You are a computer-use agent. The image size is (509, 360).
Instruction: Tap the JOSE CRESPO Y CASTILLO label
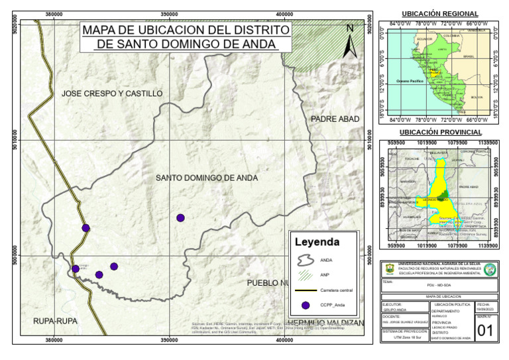(112, 93)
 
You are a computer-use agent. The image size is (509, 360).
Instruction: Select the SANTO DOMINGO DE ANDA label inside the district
(207, 178)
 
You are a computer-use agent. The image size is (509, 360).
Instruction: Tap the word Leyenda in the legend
(317, 242)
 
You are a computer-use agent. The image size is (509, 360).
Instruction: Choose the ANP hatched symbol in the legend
(305, 274)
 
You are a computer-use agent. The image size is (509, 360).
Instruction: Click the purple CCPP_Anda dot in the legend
(305, 306)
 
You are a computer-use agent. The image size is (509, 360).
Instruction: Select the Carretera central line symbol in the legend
(305, 290)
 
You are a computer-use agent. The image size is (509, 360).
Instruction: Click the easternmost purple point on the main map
(180, 217)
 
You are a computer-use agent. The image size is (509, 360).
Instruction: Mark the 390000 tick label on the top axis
(170, 14)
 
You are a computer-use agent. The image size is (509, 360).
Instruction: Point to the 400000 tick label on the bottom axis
(284, 340)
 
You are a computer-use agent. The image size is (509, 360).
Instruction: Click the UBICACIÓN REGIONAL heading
(440, 14)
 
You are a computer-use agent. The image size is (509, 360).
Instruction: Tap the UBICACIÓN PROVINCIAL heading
(440, 133)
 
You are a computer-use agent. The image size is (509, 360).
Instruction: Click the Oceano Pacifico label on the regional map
(410, 81)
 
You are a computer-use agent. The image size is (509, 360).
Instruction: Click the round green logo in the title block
(490, 269)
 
